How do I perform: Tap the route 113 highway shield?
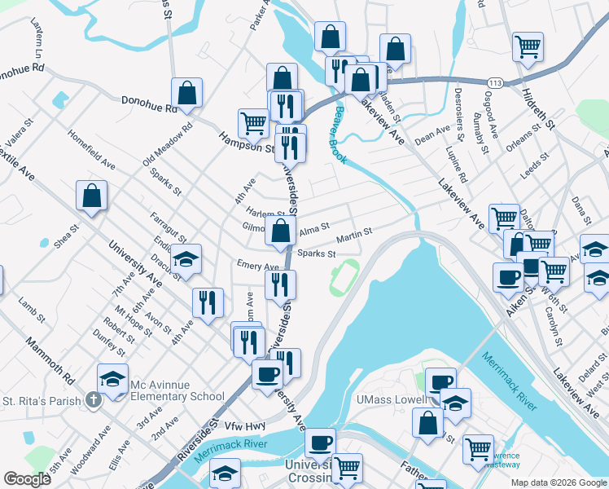[x=494, y=83]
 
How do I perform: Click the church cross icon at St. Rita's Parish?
[x=94, y=400]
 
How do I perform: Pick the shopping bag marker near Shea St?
[x=92, y=196]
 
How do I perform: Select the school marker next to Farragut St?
[x=186, y=259]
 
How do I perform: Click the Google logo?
[x=27, y=479]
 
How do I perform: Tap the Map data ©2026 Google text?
[x=559, y=482]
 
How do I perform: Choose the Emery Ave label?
[x=258, y=266]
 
